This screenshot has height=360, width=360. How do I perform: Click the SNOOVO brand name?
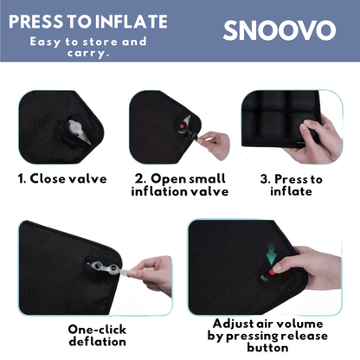[279, 31]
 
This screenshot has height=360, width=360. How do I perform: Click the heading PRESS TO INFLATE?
[87, 21]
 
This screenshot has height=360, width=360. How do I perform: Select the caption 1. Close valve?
[63, 179]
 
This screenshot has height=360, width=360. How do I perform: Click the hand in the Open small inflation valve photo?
[215, 143]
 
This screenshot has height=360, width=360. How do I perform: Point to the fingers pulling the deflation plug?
[154, 272]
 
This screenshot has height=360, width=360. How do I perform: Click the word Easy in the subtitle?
[48, 41]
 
